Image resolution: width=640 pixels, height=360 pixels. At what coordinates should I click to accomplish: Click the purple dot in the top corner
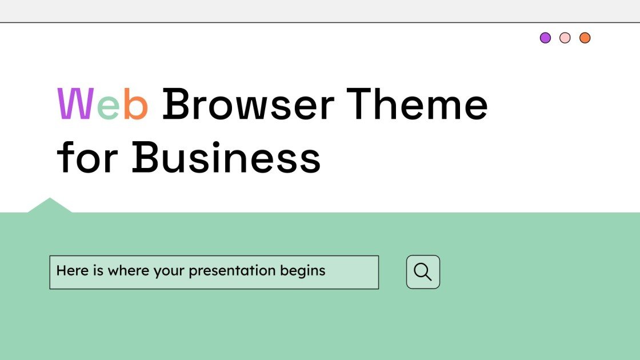[x=546, y=38]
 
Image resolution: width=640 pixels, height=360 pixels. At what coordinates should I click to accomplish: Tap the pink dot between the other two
[x=565, y=38]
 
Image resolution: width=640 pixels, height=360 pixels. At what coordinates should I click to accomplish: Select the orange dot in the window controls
[x=585, y=38]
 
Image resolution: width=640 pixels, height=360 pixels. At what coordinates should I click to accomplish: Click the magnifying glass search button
[x=423, y=272]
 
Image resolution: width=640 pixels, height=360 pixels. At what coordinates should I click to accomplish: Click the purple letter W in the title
[x=75, y=105]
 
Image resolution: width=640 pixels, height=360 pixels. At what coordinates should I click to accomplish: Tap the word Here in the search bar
[x=72, y=270]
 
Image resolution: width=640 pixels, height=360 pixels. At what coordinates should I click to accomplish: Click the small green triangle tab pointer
[x=50, y=206]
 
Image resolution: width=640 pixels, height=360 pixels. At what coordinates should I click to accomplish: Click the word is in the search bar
[x=98, y=270]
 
